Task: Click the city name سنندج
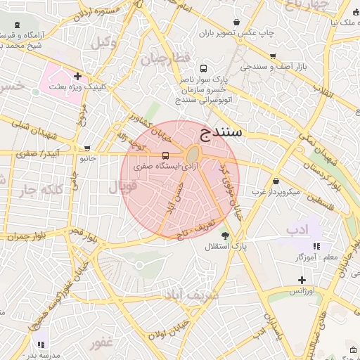click(x=221, y=131)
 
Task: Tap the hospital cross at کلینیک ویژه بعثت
click(x=77, y=75)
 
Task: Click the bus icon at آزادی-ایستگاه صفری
click(x=165, y=155)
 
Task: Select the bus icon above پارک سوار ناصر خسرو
click(x=203, y=69)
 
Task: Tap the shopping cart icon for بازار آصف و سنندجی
click(x=273, y=56)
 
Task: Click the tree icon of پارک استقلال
click(x=225, y=236)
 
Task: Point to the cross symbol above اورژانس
click(x=302, y=280)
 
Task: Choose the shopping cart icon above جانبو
click(x=87, y=148)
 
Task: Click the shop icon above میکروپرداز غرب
click(x=276, y=181)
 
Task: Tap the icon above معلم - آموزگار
click(x=316, y=247)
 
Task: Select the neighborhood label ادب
click(x=297, y=230)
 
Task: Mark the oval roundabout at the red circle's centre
click(x=193, y=154)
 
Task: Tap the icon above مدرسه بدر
click(x=41, y=345)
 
